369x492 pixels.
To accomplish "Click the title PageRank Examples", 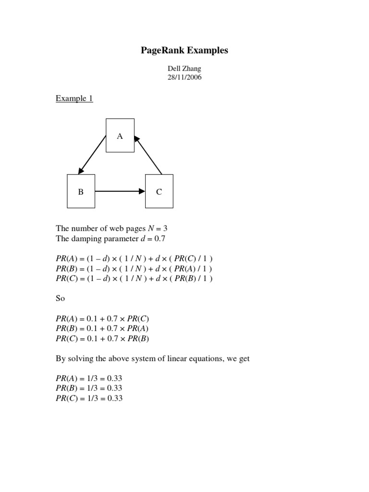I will [184, 50].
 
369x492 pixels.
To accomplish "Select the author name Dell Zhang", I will [184, 69].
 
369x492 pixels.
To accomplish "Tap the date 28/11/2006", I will [184, 77].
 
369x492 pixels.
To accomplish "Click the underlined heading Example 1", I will [74, 98].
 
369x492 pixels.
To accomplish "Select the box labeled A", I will [120, 135].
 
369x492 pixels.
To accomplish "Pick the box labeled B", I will [81, 191].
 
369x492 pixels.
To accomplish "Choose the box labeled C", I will [159, 191].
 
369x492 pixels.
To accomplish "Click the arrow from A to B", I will [92, 154].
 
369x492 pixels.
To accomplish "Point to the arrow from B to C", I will [120, 191].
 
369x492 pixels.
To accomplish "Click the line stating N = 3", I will [111, 229].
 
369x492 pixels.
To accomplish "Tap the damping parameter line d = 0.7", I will [111, 238].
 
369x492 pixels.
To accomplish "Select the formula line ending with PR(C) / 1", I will [134, 259].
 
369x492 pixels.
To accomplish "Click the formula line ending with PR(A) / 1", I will [134, 269].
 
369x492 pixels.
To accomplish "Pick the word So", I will [60, 298].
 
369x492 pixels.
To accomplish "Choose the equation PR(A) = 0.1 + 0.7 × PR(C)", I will [106, 319].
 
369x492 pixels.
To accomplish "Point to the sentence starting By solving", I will [153, 359].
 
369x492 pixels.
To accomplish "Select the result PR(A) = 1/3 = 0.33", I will [89, 378].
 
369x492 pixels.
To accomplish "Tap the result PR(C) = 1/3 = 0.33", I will [89, 398].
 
